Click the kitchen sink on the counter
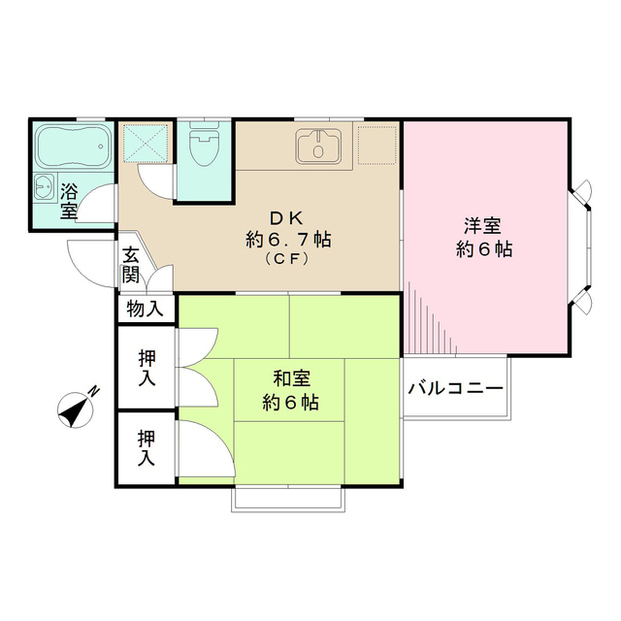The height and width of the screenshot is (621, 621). pyautogui.click(x=316, y=147)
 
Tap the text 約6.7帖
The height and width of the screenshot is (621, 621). pyautogui.click(x=288, y=240)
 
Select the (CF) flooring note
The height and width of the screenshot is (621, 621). pyautogui.click(x=288, y=259)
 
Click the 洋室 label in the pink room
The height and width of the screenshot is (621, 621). pyautogui.click(x=482, y=228)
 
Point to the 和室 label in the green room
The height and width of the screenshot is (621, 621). pyautogui.click(x=291, y=378)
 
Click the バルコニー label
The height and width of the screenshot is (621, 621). pyautogui.click(x=455, y=389)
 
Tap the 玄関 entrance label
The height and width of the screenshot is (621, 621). pyautogui.click(x=131, y=264)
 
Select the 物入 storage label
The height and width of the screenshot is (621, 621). pyautogui.click(x=147, y=310)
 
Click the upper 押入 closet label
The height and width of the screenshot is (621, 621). pyautogui.click(x=147, y=369)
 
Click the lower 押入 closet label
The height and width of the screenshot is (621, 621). pyautogui.click(x=147, y=448)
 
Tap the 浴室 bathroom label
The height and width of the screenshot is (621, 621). pyautogui.click(x=70, y=199)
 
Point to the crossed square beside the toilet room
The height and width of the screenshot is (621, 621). pyautogui.click(x=147, y=144)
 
